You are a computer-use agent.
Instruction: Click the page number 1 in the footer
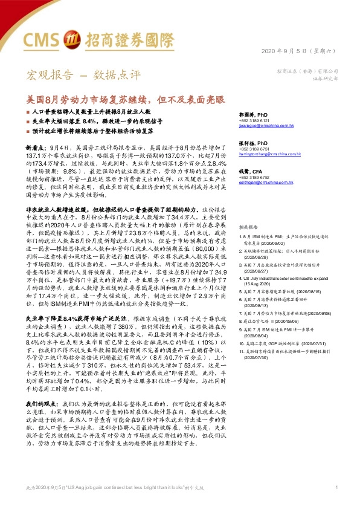pos(336,487)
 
